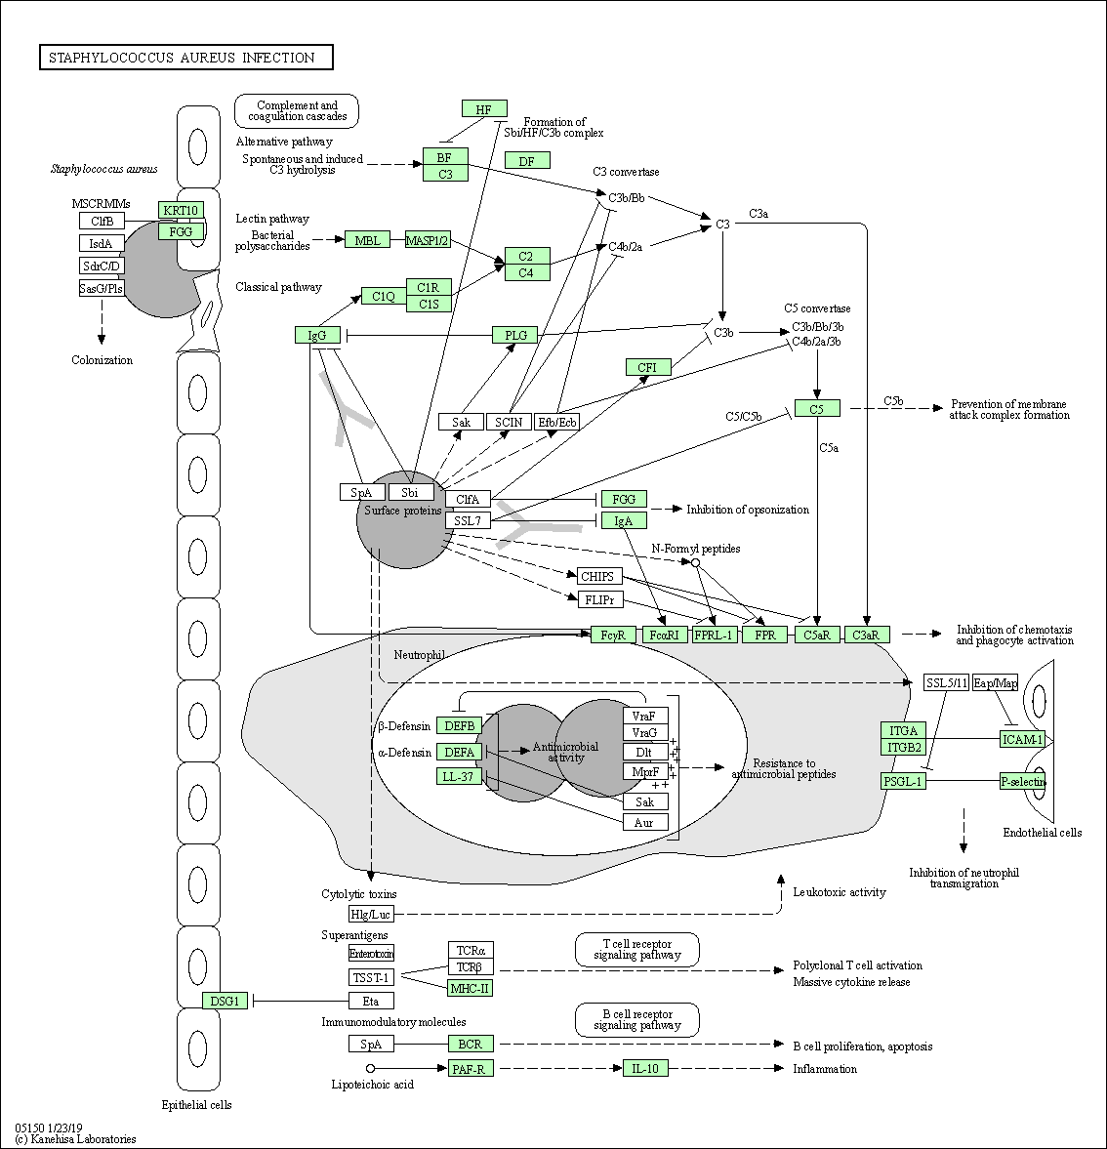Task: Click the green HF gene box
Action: click(484, 109)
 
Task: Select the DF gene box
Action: click(527, 160)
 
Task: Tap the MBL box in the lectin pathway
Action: click(367, 240)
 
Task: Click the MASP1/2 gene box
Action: click(428, 240)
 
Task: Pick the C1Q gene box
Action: click(384, 296)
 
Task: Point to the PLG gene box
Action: click(515, 335)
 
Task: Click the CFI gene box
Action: click(648, 367)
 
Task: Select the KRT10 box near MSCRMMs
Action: click(182, 210)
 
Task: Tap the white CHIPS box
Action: click(599, 576)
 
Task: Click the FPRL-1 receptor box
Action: click(714, 635)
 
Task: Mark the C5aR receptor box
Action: click(817, 635)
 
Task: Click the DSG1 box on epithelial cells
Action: click(225, 1001)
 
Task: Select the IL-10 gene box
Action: click(645, 1068)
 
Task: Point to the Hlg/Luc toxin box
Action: click(371, 914)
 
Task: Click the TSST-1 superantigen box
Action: click(371, 977)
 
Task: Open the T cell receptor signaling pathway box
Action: click(637, 949)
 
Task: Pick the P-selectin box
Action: click(1022, 781)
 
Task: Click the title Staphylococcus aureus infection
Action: click(186, 58)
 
